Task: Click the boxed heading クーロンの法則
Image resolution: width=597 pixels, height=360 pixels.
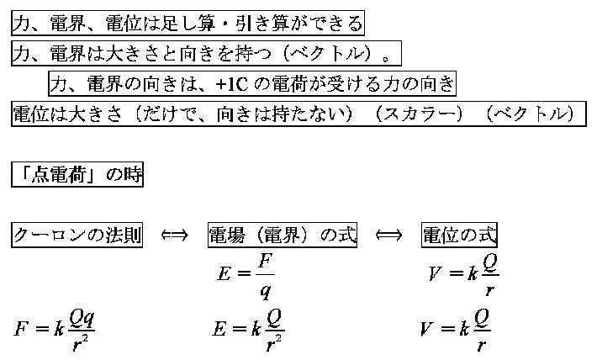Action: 77,235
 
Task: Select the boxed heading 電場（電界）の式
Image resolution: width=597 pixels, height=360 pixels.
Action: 283,235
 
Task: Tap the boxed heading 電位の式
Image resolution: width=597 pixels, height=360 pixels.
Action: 460,235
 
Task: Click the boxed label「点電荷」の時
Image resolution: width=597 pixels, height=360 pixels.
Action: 77,174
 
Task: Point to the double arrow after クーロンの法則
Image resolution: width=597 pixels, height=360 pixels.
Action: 175,235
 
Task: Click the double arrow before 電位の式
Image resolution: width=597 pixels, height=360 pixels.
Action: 388,235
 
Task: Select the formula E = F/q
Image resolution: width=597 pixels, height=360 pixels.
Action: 246,275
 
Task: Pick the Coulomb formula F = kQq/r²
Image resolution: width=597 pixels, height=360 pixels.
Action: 54,330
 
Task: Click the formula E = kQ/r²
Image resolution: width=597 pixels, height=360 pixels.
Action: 248,330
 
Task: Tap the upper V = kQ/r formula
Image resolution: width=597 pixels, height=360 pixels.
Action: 464,274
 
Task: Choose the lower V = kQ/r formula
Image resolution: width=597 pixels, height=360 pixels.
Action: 456,329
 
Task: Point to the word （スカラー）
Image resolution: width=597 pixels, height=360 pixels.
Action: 419,114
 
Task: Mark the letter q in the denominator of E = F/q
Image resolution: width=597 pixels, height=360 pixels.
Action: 266,292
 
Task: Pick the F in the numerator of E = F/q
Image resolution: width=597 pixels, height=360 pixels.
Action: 266,262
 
